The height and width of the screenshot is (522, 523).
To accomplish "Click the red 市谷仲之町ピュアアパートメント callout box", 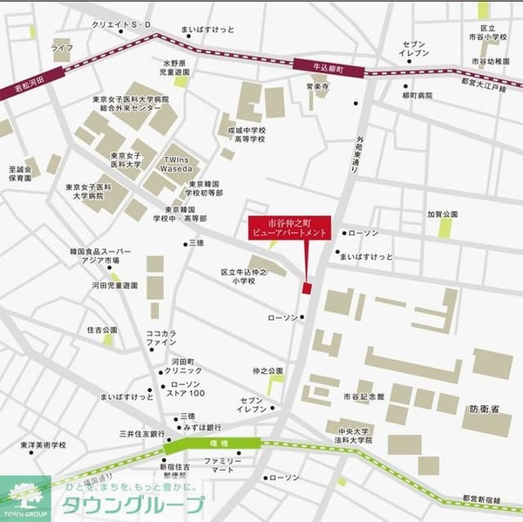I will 289,228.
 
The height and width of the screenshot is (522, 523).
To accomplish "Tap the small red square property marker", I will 306,288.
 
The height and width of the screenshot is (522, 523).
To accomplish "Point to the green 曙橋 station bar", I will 214,444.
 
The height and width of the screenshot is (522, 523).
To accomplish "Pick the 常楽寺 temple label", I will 316,87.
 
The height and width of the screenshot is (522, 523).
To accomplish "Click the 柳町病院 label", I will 417,95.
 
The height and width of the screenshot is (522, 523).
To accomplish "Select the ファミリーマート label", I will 223,465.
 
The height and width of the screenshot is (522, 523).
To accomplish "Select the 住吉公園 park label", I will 102,330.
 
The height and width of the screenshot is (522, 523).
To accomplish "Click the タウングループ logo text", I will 131,505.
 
